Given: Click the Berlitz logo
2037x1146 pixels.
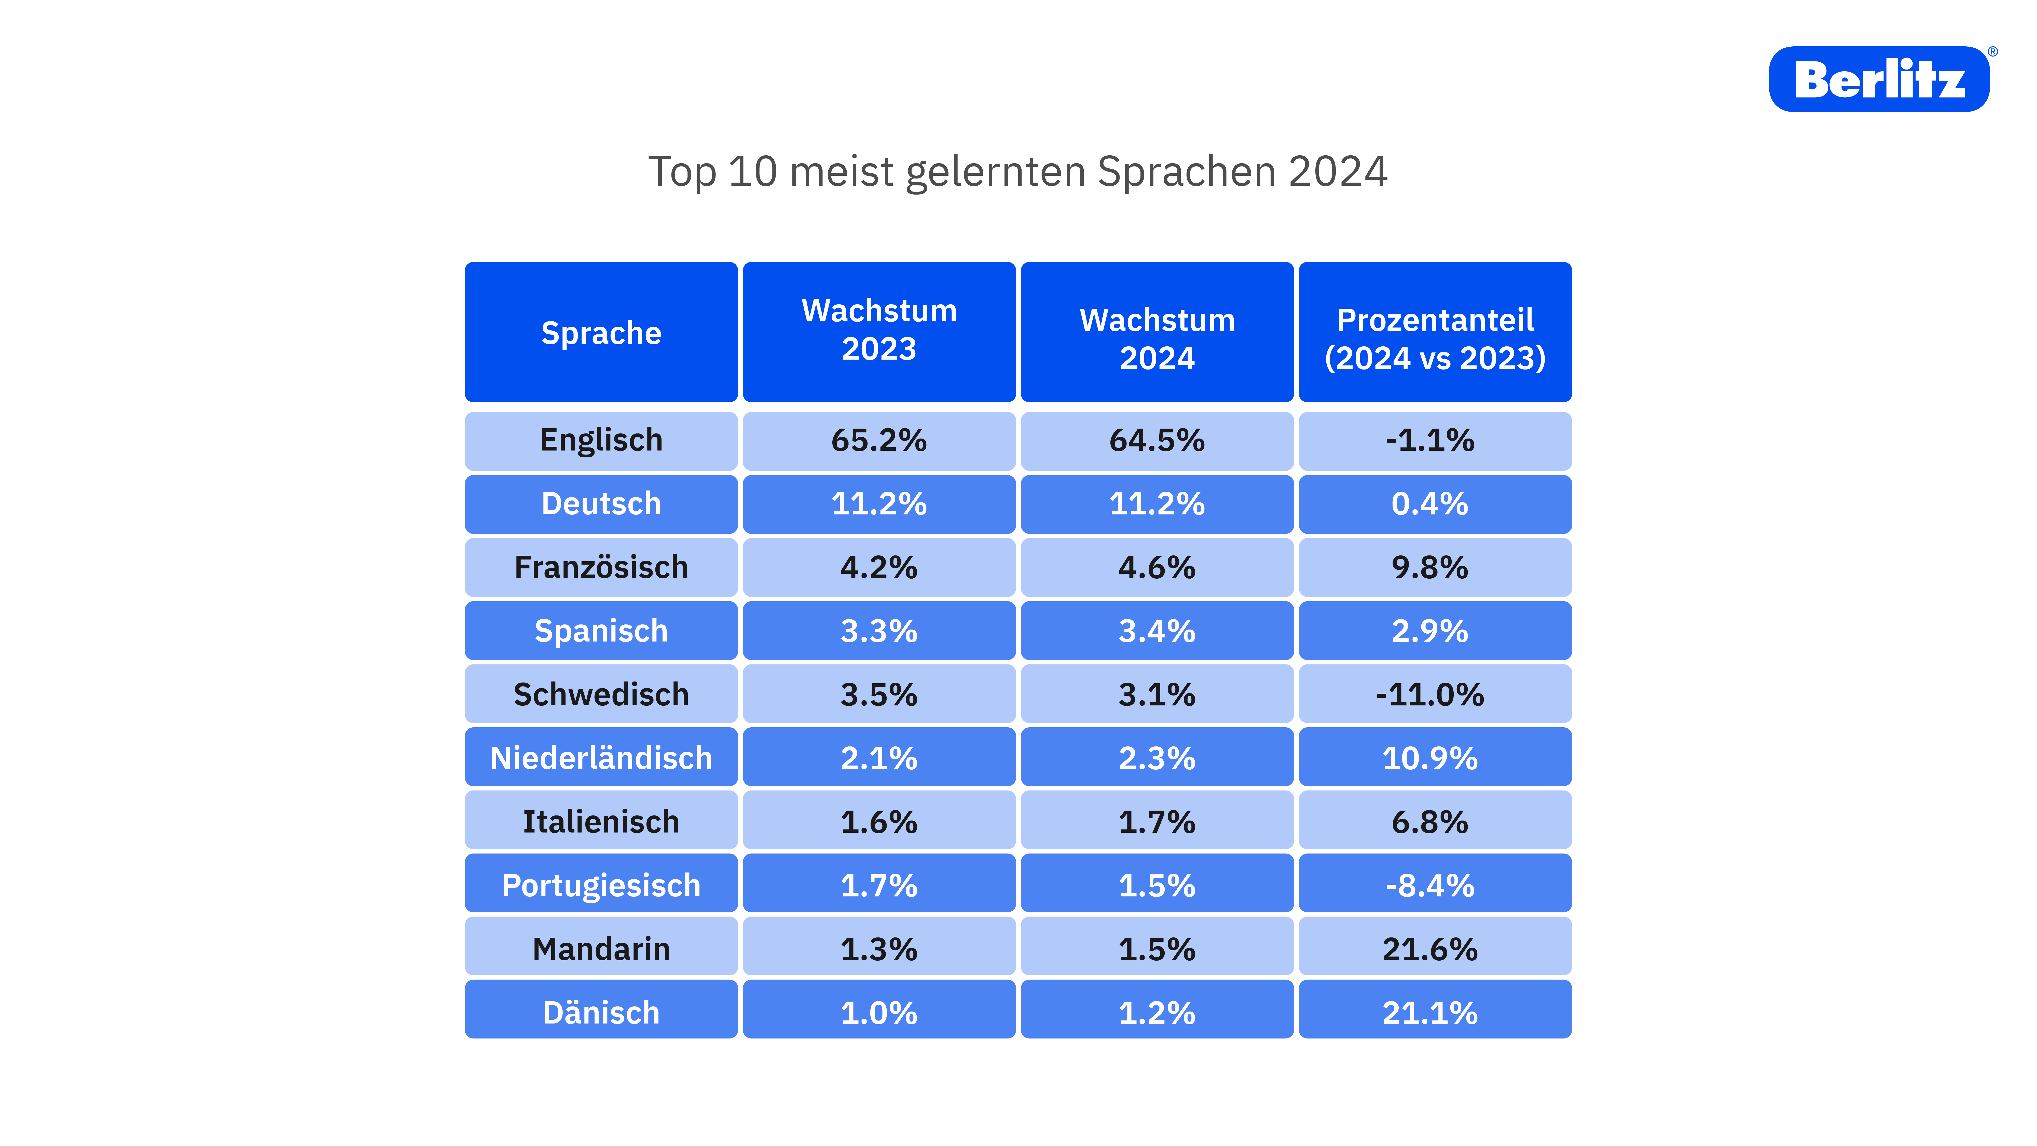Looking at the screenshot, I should [1879, 79].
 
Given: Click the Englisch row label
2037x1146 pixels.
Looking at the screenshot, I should [601, 441].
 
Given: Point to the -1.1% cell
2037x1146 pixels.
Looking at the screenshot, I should [1430, 441].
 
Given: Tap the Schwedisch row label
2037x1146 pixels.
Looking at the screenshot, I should [601, 694].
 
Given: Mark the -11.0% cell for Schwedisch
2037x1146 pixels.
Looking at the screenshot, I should [1430, 694].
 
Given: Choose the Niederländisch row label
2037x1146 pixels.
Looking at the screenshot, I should [601, 758].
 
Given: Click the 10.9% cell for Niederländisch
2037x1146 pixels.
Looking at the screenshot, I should [1430, 758].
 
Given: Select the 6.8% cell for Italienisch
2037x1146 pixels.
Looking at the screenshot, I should [1430, 822].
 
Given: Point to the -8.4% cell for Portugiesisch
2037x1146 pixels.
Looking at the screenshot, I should [1430, 885].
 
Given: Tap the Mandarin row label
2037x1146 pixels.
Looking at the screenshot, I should [601, 948].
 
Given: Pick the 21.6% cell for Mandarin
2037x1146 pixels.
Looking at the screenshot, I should [1430, 948].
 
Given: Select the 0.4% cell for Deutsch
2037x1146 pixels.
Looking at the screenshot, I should [1430, 504].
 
